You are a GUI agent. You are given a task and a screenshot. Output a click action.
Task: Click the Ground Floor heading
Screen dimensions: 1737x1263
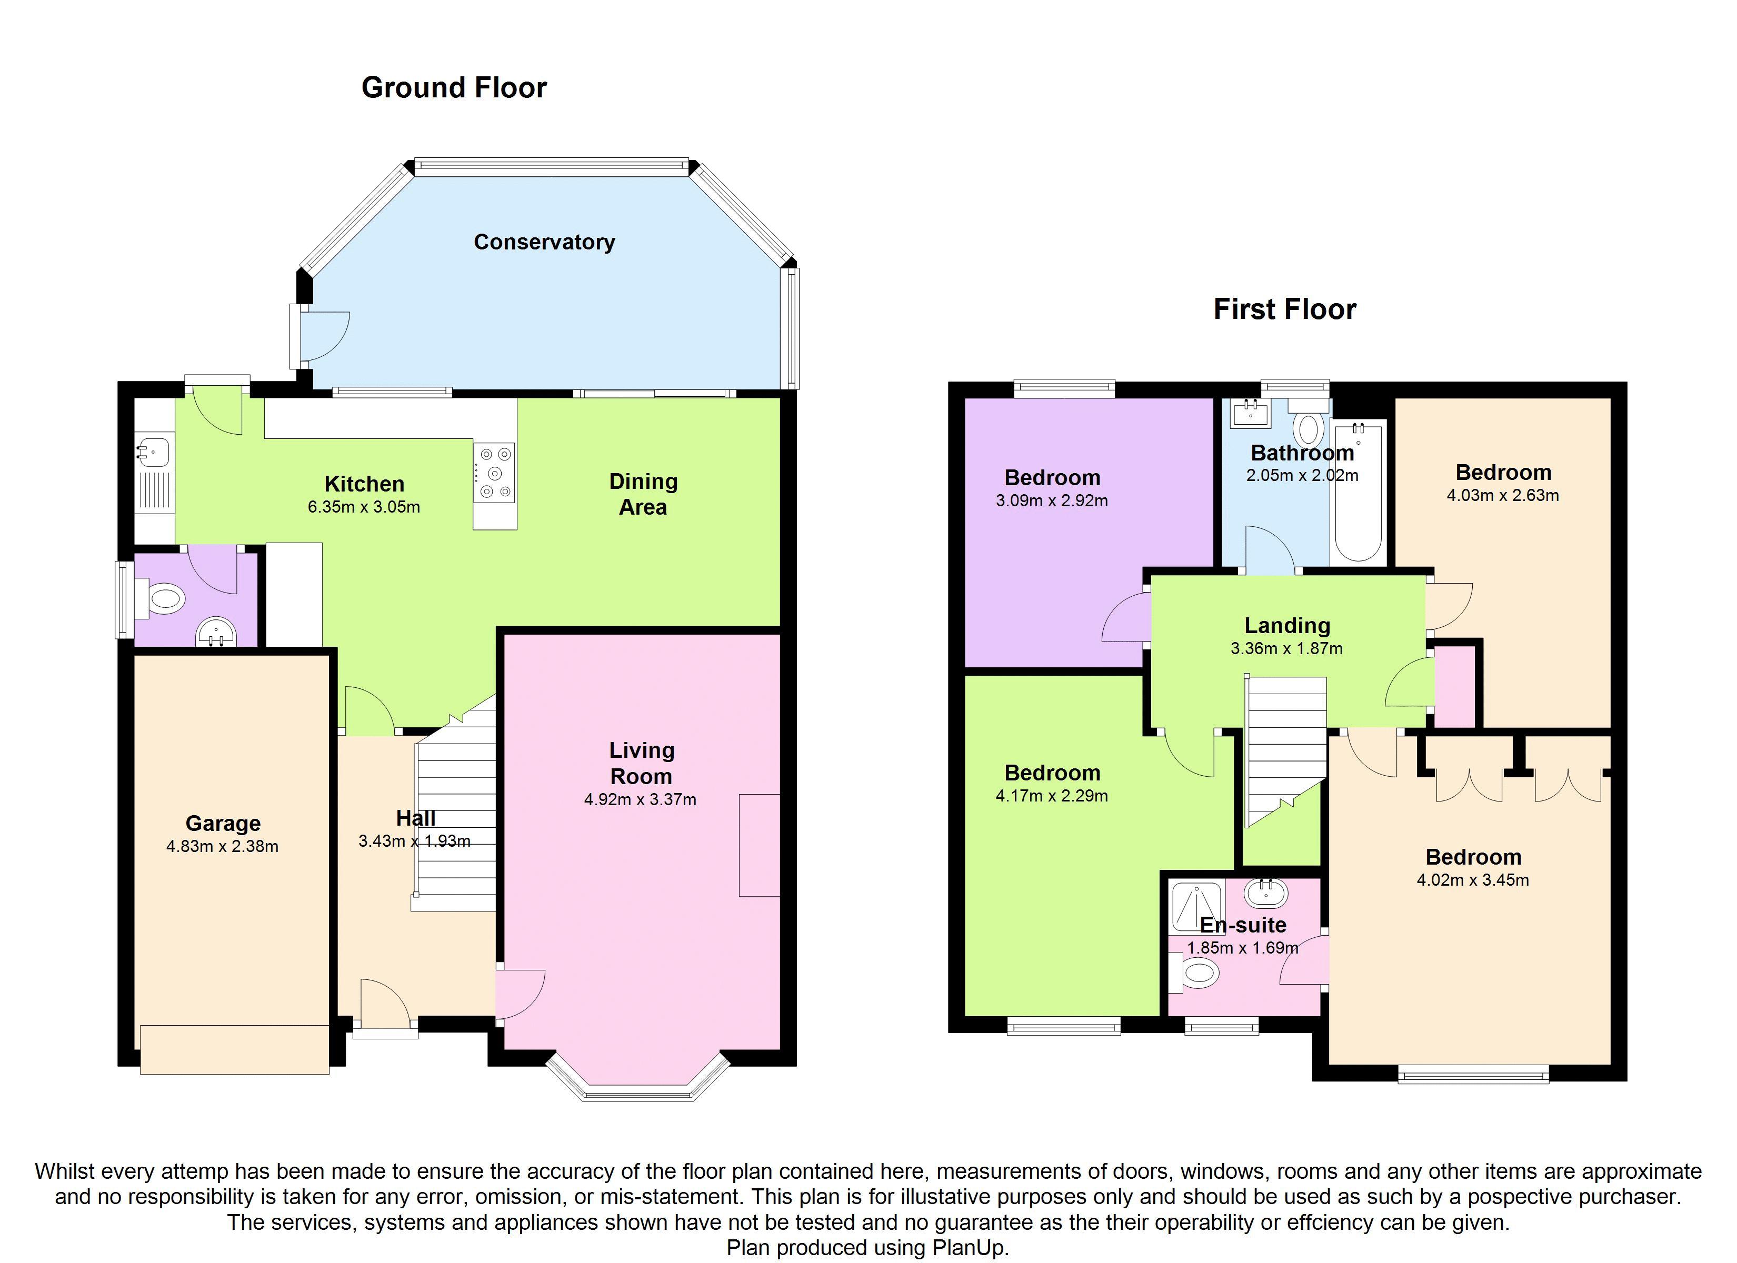[x=454, y=88]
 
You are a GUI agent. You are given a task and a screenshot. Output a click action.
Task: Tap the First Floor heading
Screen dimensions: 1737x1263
[x=1284, y=309]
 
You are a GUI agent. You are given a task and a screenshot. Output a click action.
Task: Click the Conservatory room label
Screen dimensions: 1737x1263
[x=544, y=242]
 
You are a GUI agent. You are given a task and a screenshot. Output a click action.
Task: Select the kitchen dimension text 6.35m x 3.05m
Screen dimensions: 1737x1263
[x=364, y=507]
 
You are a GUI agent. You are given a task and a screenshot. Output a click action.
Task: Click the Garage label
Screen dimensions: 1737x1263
[x=223, y=824]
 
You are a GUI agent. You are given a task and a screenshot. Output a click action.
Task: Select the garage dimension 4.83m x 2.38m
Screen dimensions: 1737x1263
[x=222, y=846]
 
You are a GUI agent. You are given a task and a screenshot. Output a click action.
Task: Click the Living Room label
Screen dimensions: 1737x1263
[x=641, y=763]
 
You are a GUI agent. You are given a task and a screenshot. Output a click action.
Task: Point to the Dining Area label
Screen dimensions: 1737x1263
[x=643, y=494]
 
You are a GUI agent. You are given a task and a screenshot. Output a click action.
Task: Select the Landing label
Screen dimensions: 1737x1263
[x=1286, y=626]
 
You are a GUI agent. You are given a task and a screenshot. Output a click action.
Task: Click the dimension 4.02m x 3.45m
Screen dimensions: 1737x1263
[x=1473, y=880]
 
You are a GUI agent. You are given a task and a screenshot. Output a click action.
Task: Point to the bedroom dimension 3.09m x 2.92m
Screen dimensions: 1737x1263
[x=1052, y=501]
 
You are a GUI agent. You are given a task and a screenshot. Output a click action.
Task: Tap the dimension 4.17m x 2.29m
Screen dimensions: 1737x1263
[x=1052, y=796]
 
